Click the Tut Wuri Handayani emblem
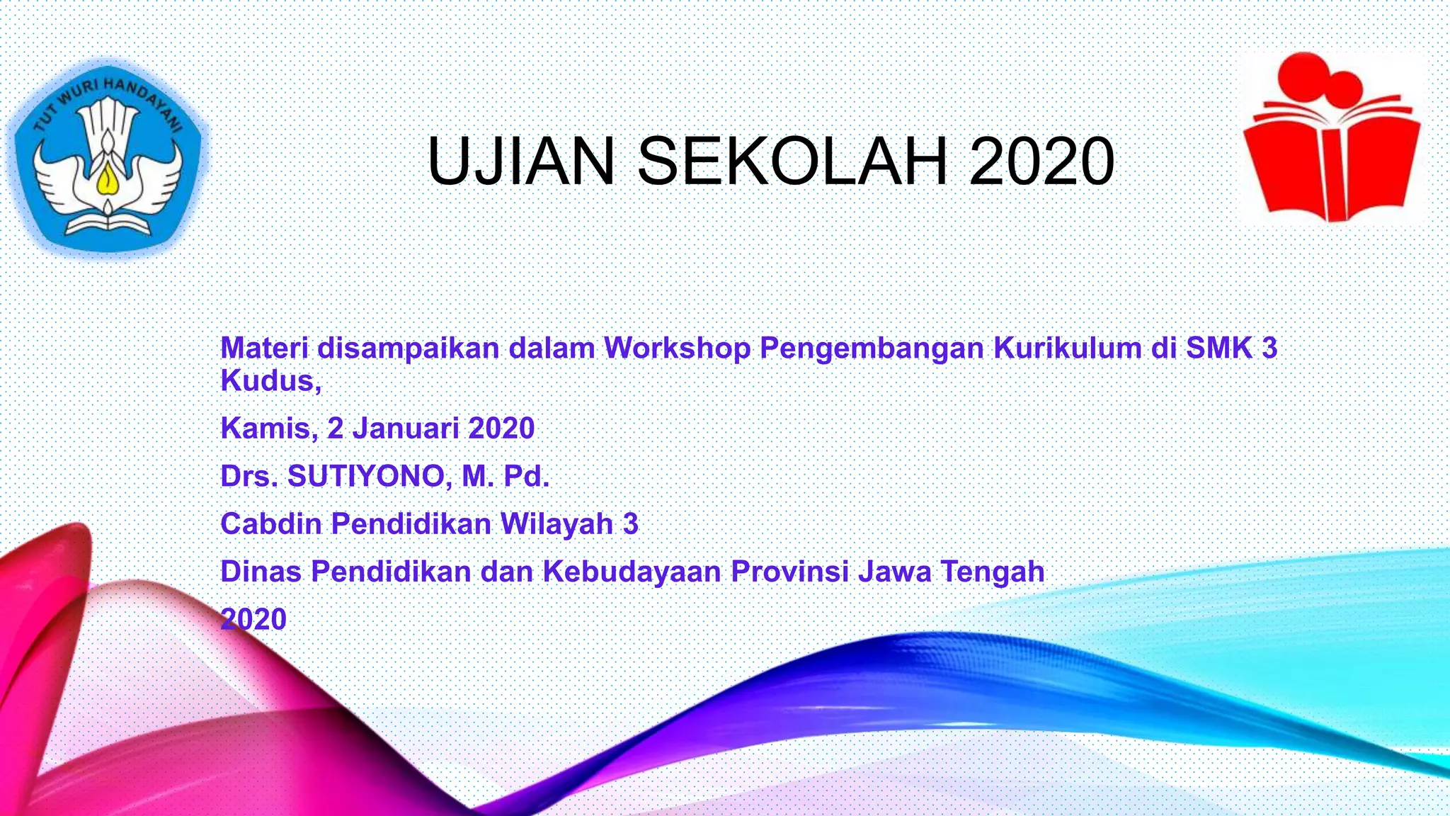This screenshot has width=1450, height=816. [x=108, y=157]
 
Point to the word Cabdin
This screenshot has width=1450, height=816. [x=271, y=524]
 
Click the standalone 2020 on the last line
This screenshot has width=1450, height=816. [x=253, y=620]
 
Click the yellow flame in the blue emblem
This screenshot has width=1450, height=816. [x=107, y=180]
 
